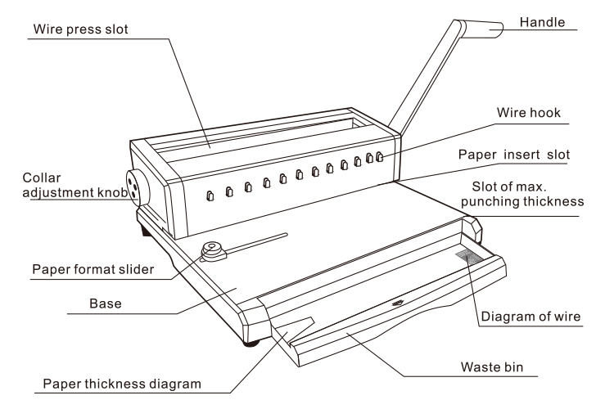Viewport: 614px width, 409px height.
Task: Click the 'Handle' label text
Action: click(x=547, y=24)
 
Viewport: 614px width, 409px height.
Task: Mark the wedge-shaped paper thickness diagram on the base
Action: click(x=299, y=326)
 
